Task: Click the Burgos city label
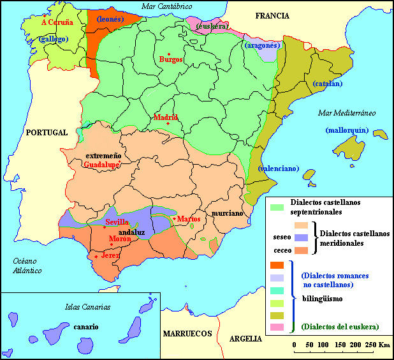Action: coord(171,59)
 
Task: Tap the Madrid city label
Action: coord(165,117)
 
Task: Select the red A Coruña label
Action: coord(57,22)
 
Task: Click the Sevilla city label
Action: coord(117,222)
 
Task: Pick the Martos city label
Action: coord(189,219)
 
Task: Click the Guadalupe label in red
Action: coord(101,164)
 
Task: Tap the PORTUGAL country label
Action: coord(47,133)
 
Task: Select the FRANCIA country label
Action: coord(272,15)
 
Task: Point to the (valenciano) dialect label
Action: coord(279,169)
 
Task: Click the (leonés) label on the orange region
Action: coord(110,19)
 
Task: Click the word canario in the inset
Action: coord(85,326)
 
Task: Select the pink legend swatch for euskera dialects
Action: coord(277,327)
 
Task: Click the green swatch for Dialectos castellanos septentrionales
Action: coord(277,207)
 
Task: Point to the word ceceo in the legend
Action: coord(282,250)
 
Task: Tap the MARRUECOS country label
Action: coord(186,334)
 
